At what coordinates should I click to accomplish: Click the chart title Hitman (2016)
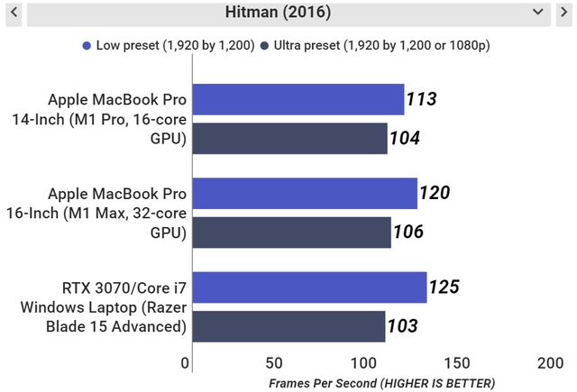click(x=278, y=13)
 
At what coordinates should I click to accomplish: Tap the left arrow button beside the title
click(x=14, y=13)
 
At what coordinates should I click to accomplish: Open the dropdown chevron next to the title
click(x=539, y=13)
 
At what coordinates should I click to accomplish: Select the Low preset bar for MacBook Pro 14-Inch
click(x=298, y=99)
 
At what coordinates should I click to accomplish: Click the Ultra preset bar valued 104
click(x=289, y=138)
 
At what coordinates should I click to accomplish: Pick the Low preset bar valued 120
click(x=305, y=193)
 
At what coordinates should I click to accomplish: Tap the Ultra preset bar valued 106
click(x=291, y=232)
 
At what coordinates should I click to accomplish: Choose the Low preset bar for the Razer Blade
click(x=309, y=287)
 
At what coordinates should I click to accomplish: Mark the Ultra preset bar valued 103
click(x=288, y=326)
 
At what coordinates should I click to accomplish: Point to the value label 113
click(x=421, y=99)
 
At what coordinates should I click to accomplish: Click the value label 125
click(x=444, y=287)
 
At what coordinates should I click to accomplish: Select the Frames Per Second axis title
click(x=382, y=383)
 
